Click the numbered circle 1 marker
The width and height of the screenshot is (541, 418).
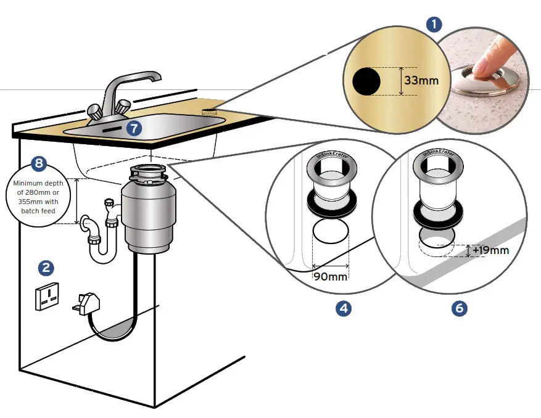click(435, 25)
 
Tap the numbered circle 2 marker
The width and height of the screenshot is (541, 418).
click(46, 268)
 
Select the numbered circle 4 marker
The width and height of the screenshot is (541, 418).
click(343, 308)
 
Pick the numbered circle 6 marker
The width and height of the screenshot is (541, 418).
click(458, 308)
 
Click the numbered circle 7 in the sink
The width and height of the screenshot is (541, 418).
click(133, 128)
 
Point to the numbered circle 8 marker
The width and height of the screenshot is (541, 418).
click(39, 164)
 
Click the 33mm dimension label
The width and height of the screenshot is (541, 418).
click(421, 81)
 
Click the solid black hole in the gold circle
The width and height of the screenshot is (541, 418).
click(366, 81)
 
